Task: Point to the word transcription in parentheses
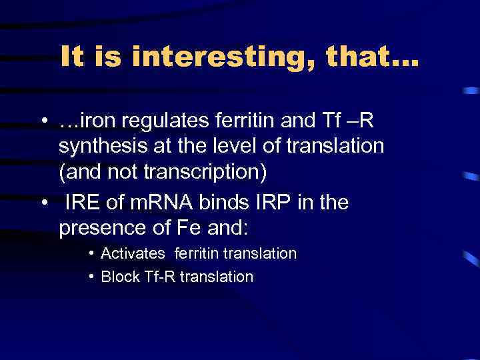209,171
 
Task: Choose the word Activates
133,254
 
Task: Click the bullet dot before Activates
91,254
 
